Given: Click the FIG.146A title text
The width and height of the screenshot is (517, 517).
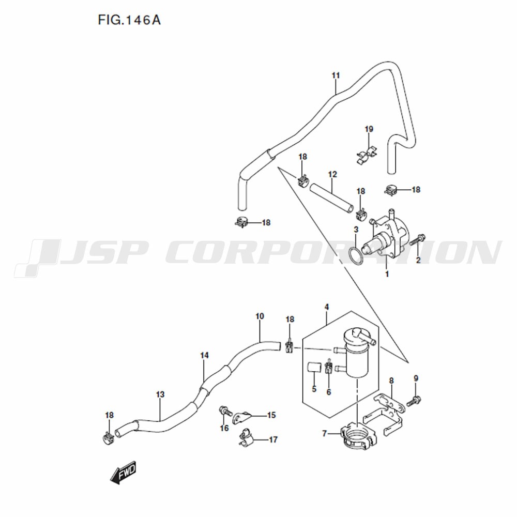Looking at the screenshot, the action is click(129, 21).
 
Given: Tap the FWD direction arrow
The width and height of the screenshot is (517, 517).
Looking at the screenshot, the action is click(123, 473).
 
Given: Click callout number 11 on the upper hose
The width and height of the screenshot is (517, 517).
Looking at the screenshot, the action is click(336, 75).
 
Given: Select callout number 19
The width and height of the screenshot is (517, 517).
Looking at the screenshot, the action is click(369, 129).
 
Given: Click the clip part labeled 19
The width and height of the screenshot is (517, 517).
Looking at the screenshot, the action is click(367, 155).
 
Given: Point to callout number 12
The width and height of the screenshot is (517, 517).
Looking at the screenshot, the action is click(332, 174).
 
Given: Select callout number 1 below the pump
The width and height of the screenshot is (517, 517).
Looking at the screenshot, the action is click(387, 274).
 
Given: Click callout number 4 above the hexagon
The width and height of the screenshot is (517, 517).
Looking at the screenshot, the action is click(326, 307).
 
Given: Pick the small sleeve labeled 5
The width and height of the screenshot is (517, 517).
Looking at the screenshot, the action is click(314, 367).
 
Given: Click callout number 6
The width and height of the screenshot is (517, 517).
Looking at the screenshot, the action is click(328, 392).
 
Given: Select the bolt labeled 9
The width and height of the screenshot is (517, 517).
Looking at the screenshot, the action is click(414, 401).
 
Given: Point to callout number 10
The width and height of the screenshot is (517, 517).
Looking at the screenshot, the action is click(260, 316).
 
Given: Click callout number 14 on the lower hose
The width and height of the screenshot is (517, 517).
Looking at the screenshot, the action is click(204, 356).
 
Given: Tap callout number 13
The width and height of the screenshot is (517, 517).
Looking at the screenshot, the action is click(160, 394).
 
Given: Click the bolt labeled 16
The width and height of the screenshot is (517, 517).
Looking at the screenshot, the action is click(226, 411).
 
